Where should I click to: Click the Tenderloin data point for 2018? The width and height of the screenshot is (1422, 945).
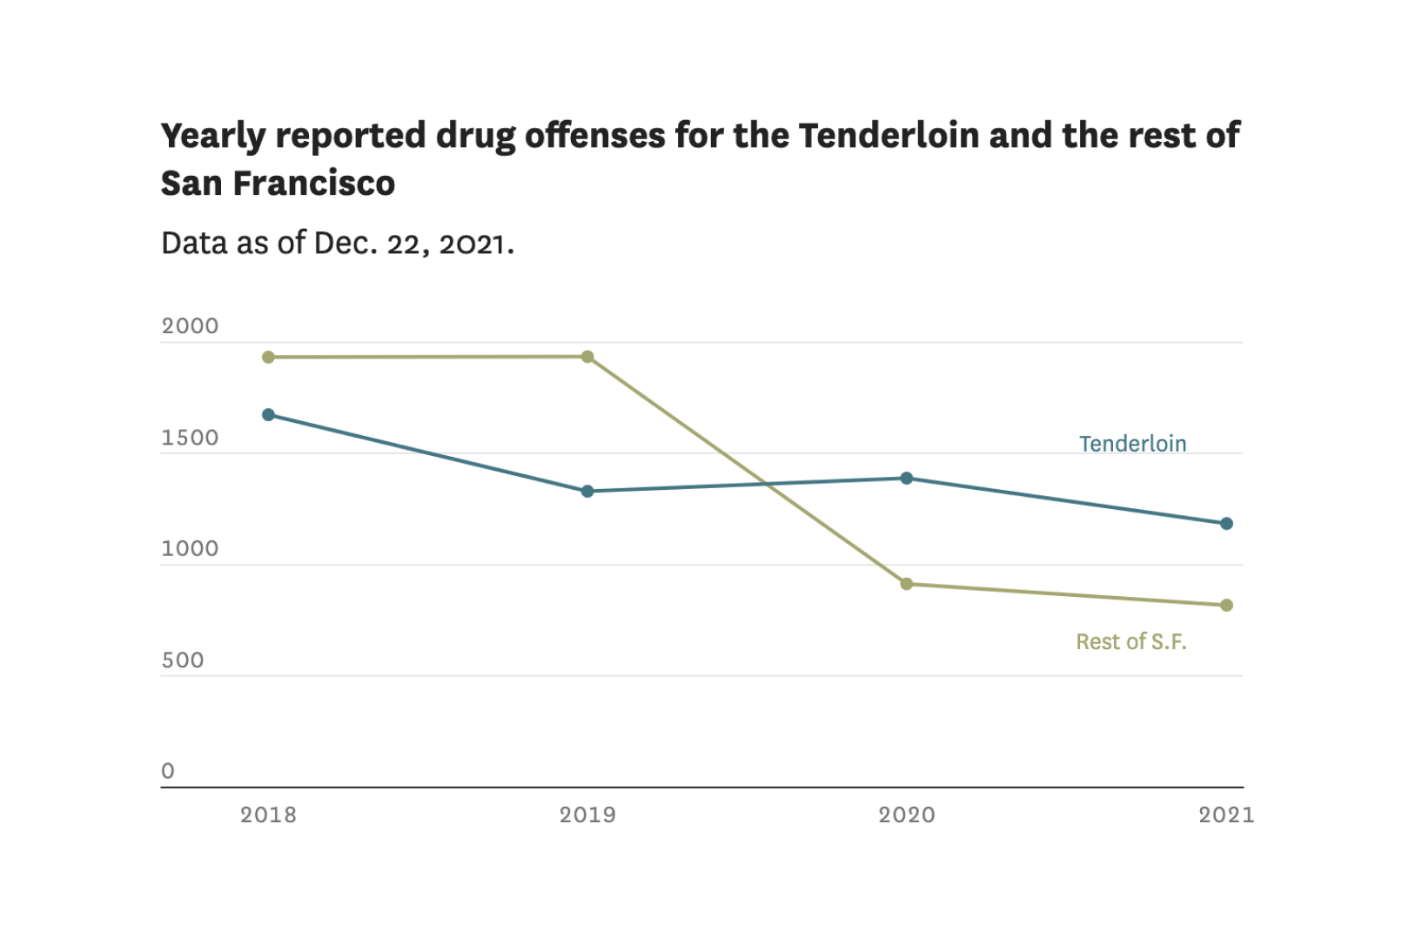click(x=268, y=415)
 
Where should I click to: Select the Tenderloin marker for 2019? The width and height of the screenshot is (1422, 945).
click(x=587, y=492)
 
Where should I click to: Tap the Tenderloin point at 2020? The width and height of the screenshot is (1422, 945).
click(x=907, y=478)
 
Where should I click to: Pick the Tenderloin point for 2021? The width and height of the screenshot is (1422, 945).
click(x=1226, y=524)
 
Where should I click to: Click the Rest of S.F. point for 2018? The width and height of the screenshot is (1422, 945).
click(x=268, y=358)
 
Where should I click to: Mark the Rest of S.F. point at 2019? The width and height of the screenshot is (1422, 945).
click(x=587, y=357)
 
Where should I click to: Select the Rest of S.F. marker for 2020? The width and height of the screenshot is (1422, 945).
click(x=907, y=584)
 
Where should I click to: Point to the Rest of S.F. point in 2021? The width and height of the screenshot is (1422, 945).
click(x=1226, y=606)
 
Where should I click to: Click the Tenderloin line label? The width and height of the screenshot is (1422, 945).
click(x=1132, y=444)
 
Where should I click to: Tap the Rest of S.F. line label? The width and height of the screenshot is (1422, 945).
click(x=1130, y=642)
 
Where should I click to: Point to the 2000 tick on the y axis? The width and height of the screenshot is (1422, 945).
click(x=190, y=326)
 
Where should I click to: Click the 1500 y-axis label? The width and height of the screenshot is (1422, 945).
click(x=190, y=438)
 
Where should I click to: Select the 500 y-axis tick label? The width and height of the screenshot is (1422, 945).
click(x=183, y=660)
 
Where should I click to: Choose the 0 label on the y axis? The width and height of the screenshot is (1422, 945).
click(x=168, y=771)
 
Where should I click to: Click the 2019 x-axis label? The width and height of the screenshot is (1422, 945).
click(x=587, y=814)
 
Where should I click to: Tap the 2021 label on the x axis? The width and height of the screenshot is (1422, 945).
click(x=1226, y=814)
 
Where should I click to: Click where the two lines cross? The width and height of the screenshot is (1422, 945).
click(x=765, y=484)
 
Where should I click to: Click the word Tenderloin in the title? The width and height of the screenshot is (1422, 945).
click(x=889, y=136)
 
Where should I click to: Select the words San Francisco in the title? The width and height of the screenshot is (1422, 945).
click(x=278, y=184)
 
